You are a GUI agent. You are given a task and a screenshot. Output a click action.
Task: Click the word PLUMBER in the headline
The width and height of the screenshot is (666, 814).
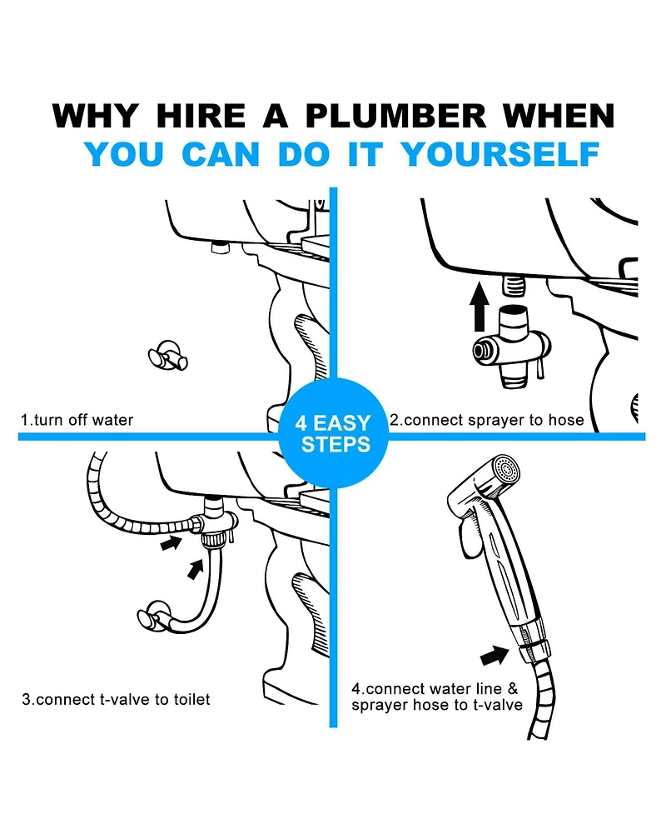(x=395, y=115)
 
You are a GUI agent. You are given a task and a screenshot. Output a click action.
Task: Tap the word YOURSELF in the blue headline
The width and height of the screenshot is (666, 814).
(x=500, y=154)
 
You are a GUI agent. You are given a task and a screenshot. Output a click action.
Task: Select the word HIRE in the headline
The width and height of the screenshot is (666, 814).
(x=201, y=115)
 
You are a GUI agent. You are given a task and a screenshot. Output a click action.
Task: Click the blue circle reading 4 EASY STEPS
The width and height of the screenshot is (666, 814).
(x=333, y=433)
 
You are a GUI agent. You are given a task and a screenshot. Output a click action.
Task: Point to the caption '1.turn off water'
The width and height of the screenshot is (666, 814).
(x=77, y=419)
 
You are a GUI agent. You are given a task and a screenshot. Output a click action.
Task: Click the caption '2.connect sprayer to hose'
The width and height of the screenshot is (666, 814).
(x=487, y=419)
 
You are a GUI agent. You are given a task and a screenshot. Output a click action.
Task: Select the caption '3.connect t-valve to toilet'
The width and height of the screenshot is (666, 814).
(x=117, y=699)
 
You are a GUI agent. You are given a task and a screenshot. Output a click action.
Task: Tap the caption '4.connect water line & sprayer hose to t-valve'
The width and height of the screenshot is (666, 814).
(x=437, y=697)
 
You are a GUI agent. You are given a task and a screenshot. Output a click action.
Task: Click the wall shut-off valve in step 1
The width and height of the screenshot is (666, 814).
(x=167, y=356)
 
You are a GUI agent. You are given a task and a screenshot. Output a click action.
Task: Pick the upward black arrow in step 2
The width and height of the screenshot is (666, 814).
(x=480, y=307)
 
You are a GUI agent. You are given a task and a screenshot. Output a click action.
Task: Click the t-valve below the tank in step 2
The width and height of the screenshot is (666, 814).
(x=511, y=347)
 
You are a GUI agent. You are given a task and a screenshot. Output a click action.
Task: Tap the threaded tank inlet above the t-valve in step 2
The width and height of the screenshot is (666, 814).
(x=514, y=285)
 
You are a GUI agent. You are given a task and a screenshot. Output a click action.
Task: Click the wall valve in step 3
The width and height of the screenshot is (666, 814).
(x=154, y=617)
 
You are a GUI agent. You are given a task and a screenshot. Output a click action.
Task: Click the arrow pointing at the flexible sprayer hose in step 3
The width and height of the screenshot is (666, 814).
(x=171, y=543)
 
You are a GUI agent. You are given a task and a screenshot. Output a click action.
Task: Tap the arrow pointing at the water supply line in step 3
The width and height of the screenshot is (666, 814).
(x=195, y=569)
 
